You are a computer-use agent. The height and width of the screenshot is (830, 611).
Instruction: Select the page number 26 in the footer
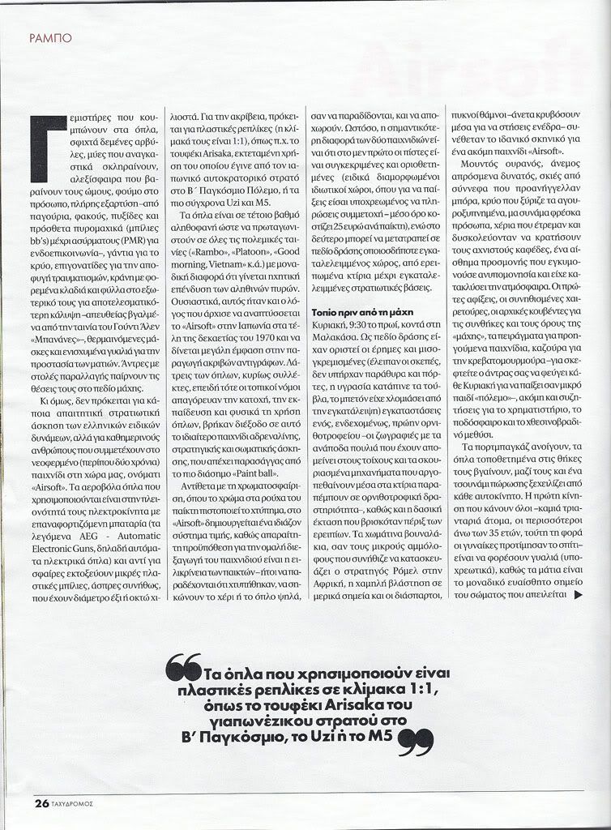pyautogui.click(x=41, y=804)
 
